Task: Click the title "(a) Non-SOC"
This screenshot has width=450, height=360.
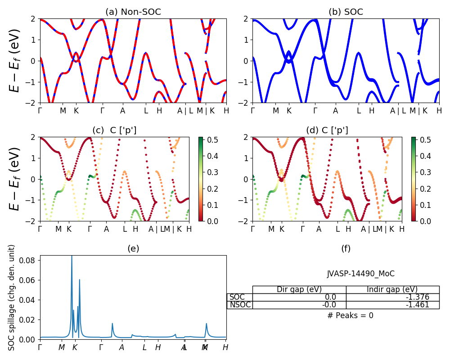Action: coord(133,12)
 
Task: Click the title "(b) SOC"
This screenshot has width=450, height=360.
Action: coord(346,12)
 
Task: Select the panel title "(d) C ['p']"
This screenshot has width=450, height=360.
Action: coord(327,130)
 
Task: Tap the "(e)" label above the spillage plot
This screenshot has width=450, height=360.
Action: coord(133,248)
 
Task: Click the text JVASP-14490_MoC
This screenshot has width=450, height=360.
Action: coord(360,274)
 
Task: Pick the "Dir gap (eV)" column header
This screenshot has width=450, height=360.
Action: coord(299,289)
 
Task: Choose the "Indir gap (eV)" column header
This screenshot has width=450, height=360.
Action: coord(392,289)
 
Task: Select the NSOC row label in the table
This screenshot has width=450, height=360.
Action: coord(240,305)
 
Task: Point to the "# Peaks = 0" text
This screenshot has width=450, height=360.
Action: coord(350,315)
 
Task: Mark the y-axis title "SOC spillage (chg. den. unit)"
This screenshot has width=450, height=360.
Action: coord(12,297)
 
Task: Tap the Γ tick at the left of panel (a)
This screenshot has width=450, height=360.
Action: coord(40,110)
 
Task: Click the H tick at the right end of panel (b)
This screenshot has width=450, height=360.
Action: coord(439,110)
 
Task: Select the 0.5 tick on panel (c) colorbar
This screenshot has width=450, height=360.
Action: coord(209,140)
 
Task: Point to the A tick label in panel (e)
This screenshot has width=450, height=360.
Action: coord(121,347)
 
